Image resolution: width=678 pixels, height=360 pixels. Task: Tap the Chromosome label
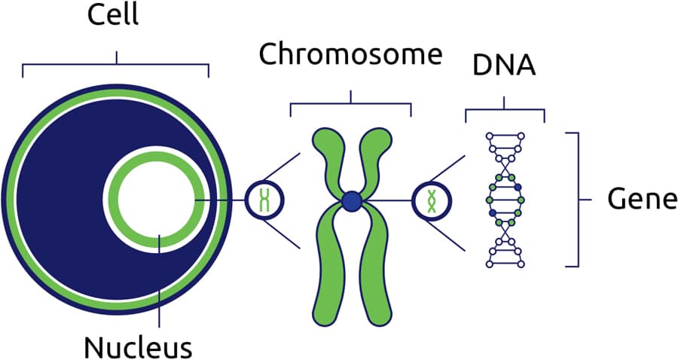click(x=349, y=55)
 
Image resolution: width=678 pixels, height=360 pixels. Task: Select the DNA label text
click(x=504, y=65)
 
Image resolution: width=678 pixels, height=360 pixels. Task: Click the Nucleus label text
click(x=139, y=347)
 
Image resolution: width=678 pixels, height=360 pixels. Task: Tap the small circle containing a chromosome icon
click(x=264, y=200)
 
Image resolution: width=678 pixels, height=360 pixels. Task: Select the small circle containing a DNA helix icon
click(x=432, y=200)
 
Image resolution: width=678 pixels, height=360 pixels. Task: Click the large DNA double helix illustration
click(x=503, y=200)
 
